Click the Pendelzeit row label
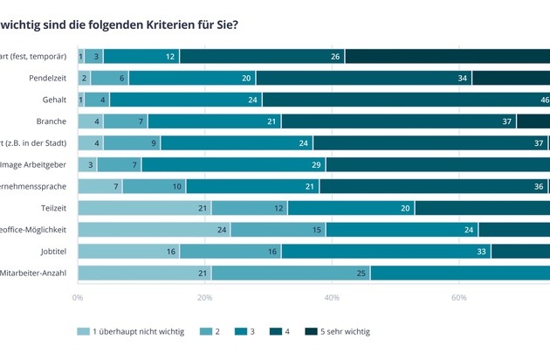pyautogui.click(x=46, y=78)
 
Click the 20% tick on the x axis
pyautogui.click(x=205, y=297)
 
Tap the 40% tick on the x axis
pyautogui.click(x=332, y=297)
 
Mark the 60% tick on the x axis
pyautogui.click(x=459, y=297)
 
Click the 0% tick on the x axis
pyautogui.click(x=78, y=297)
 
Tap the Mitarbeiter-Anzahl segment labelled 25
pyautogui.click(x=291, y=273)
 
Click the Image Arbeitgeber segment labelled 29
pyautogui.click(x=233, y=164)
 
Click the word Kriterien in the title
pyautogui.click(x=150, y=24)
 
